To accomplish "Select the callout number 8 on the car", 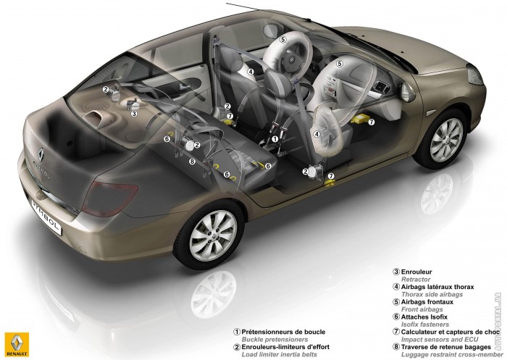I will coord(192,162).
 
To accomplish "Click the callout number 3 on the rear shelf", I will coord(134,113).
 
